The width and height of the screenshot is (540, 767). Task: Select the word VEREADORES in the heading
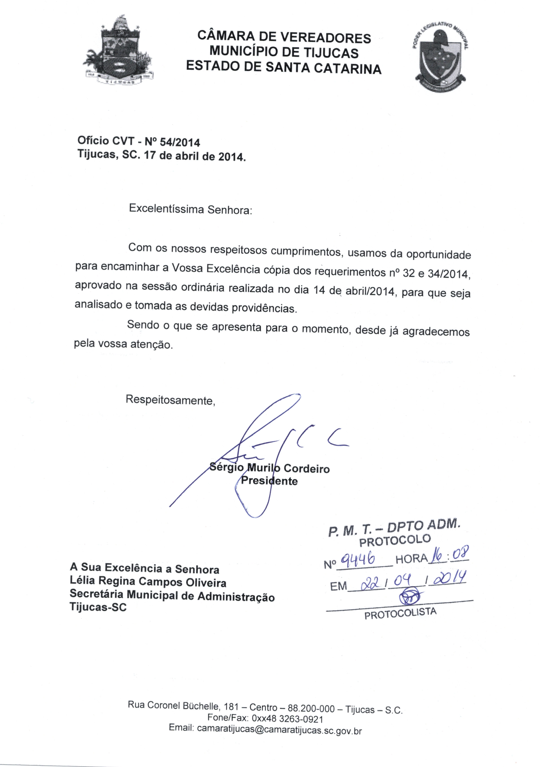point(325,37)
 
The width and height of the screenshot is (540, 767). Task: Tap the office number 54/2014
point(180,143)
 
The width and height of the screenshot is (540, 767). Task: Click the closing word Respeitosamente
point(170,400)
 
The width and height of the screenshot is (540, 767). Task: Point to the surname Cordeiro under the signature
point(306,469)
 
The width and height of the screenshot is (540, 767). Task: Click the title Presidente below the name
point(269,481)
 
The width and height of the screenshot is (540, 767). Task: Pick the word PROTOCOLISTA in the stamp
point(400,613)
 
